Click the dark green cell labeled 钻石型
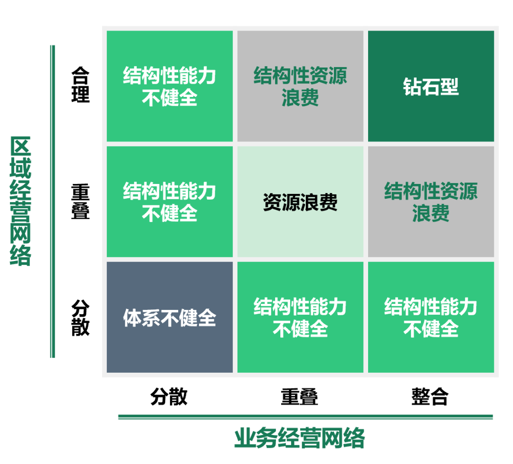tap(431, 87)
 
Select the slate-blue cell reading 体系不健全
tap(170, 317)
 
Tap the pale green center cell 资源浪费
tap(300, 202)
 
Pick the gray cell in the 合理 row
tap(300, 87)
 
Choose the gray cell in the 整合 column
tap(431, 202)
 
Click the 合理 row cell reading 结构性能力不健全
tap(170, 87)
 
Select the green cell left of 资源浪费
tap(170, 202)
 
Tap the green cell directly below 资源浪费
tap(300, 317)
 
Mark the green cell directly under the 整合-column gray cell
tap(431, 317)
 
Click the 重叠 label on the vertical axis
tap(80, 202)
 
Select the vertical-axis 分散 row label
tap(80, 318)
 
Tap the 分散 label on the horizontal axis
tap(169, 396)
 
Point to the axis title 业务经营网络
tap(300, 438)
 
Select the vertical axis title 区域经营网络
tap(20, 202)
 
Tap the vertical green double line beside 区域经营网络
tap(53, 202)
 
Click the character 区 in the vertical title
tap(20, 147)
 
